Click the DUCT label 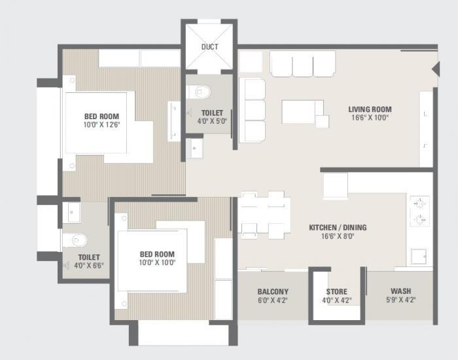click(209, 46)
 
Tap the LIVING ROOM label click(369, 109)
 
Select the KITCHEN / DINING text click(338, 228)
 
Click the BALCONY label click(273, 292)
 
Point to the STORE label click(337, 292)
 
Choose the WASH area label click(400, 292)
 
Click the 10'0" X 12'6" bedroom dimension click(101, 124)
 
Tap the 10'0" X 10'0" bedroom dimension click(156, 262)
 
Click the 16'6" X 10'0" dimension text click(369, 118)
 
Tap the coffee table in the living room click(302, 111)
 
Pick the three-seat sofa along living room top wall click(302, 64)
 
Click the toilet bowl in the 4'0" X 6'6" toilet click(73, 240)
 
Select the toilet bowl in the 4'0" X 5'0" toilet click(198, 91)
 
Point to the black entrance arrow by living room click(434, 69)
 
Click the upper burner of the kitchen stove click(419, 202)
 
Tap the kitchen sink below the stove click(419, 256)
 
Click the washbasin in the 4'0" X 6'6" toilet click(71, 211)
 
